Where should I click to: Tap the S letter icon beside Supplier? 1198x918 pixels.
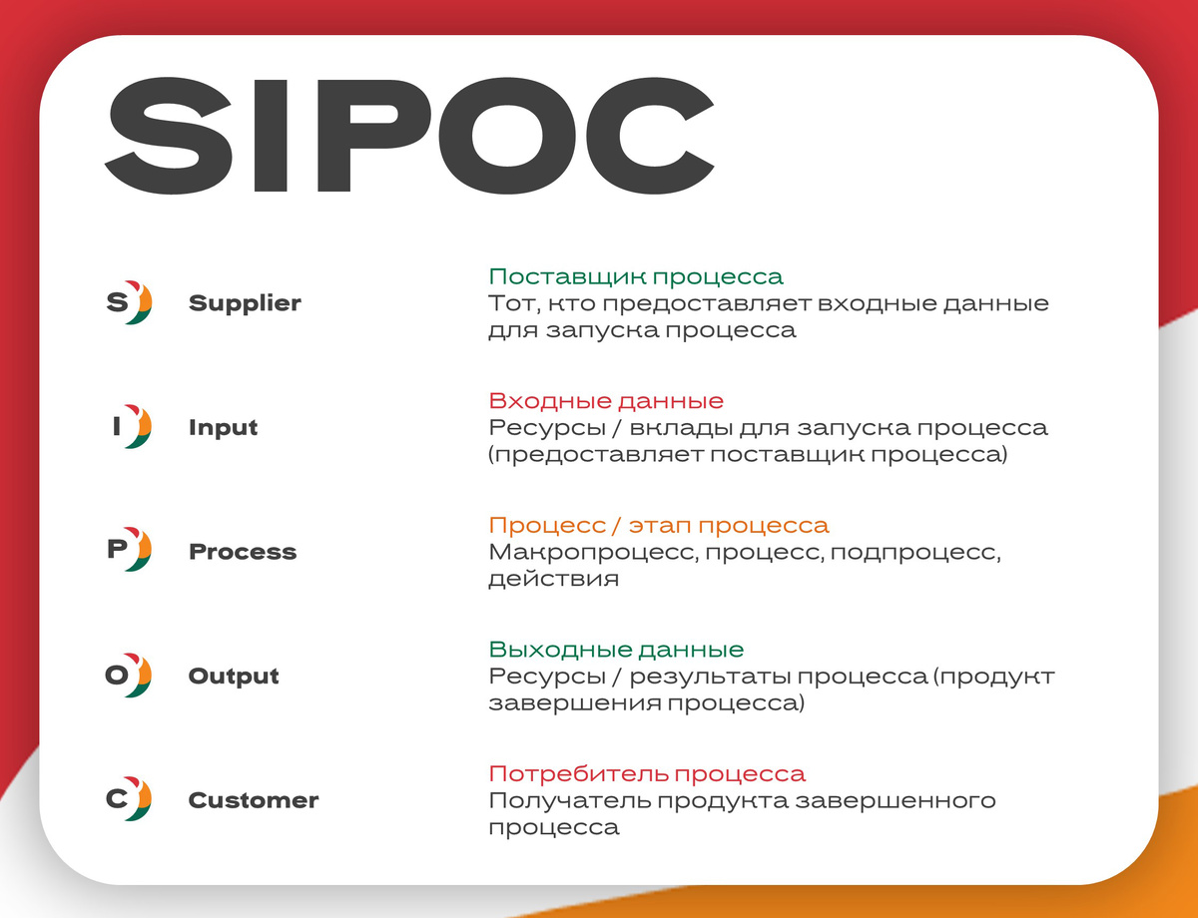[128, 302]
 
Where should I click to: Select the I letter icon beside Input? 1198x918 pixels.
[128, 427]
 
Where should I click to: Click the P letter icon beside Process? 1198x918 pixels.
[128, 551]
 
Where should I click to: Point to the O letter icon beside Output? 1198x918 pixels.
[128, 676]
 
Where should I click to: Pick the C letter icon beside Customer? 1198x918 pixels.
[128, 799]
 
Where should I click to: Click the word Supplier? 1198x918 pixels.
[245, 303]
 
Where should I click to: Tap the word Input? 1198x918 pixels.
[223, 428]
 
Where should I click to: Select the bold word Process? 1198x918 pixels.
[243, 552]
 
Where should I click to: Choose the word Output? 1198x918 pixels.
[234, 677]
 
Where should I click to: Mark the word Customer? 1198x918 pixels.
[254, 800]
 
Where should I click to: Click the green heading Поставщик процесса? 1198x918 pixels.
[636, 276]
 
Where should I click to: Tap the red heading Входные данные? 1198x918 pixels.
[606, 401]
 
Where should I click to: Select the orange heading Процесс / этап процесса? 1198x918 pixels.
[659, 525]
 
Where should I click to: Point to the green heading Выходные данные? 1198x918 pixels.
[616, 650]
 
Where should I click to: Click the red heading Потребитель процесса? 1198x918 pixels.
[647, 773]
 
